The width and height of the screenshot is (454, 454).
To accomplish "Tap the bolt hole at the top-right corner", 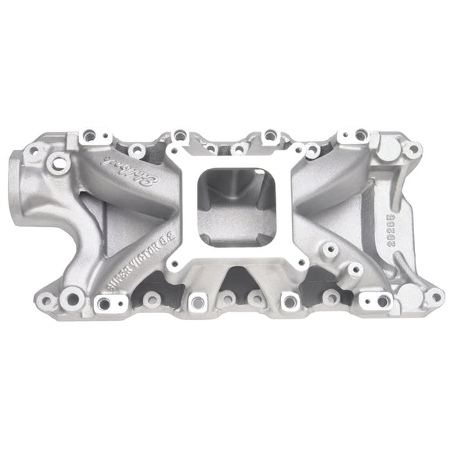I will [410, 149].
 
